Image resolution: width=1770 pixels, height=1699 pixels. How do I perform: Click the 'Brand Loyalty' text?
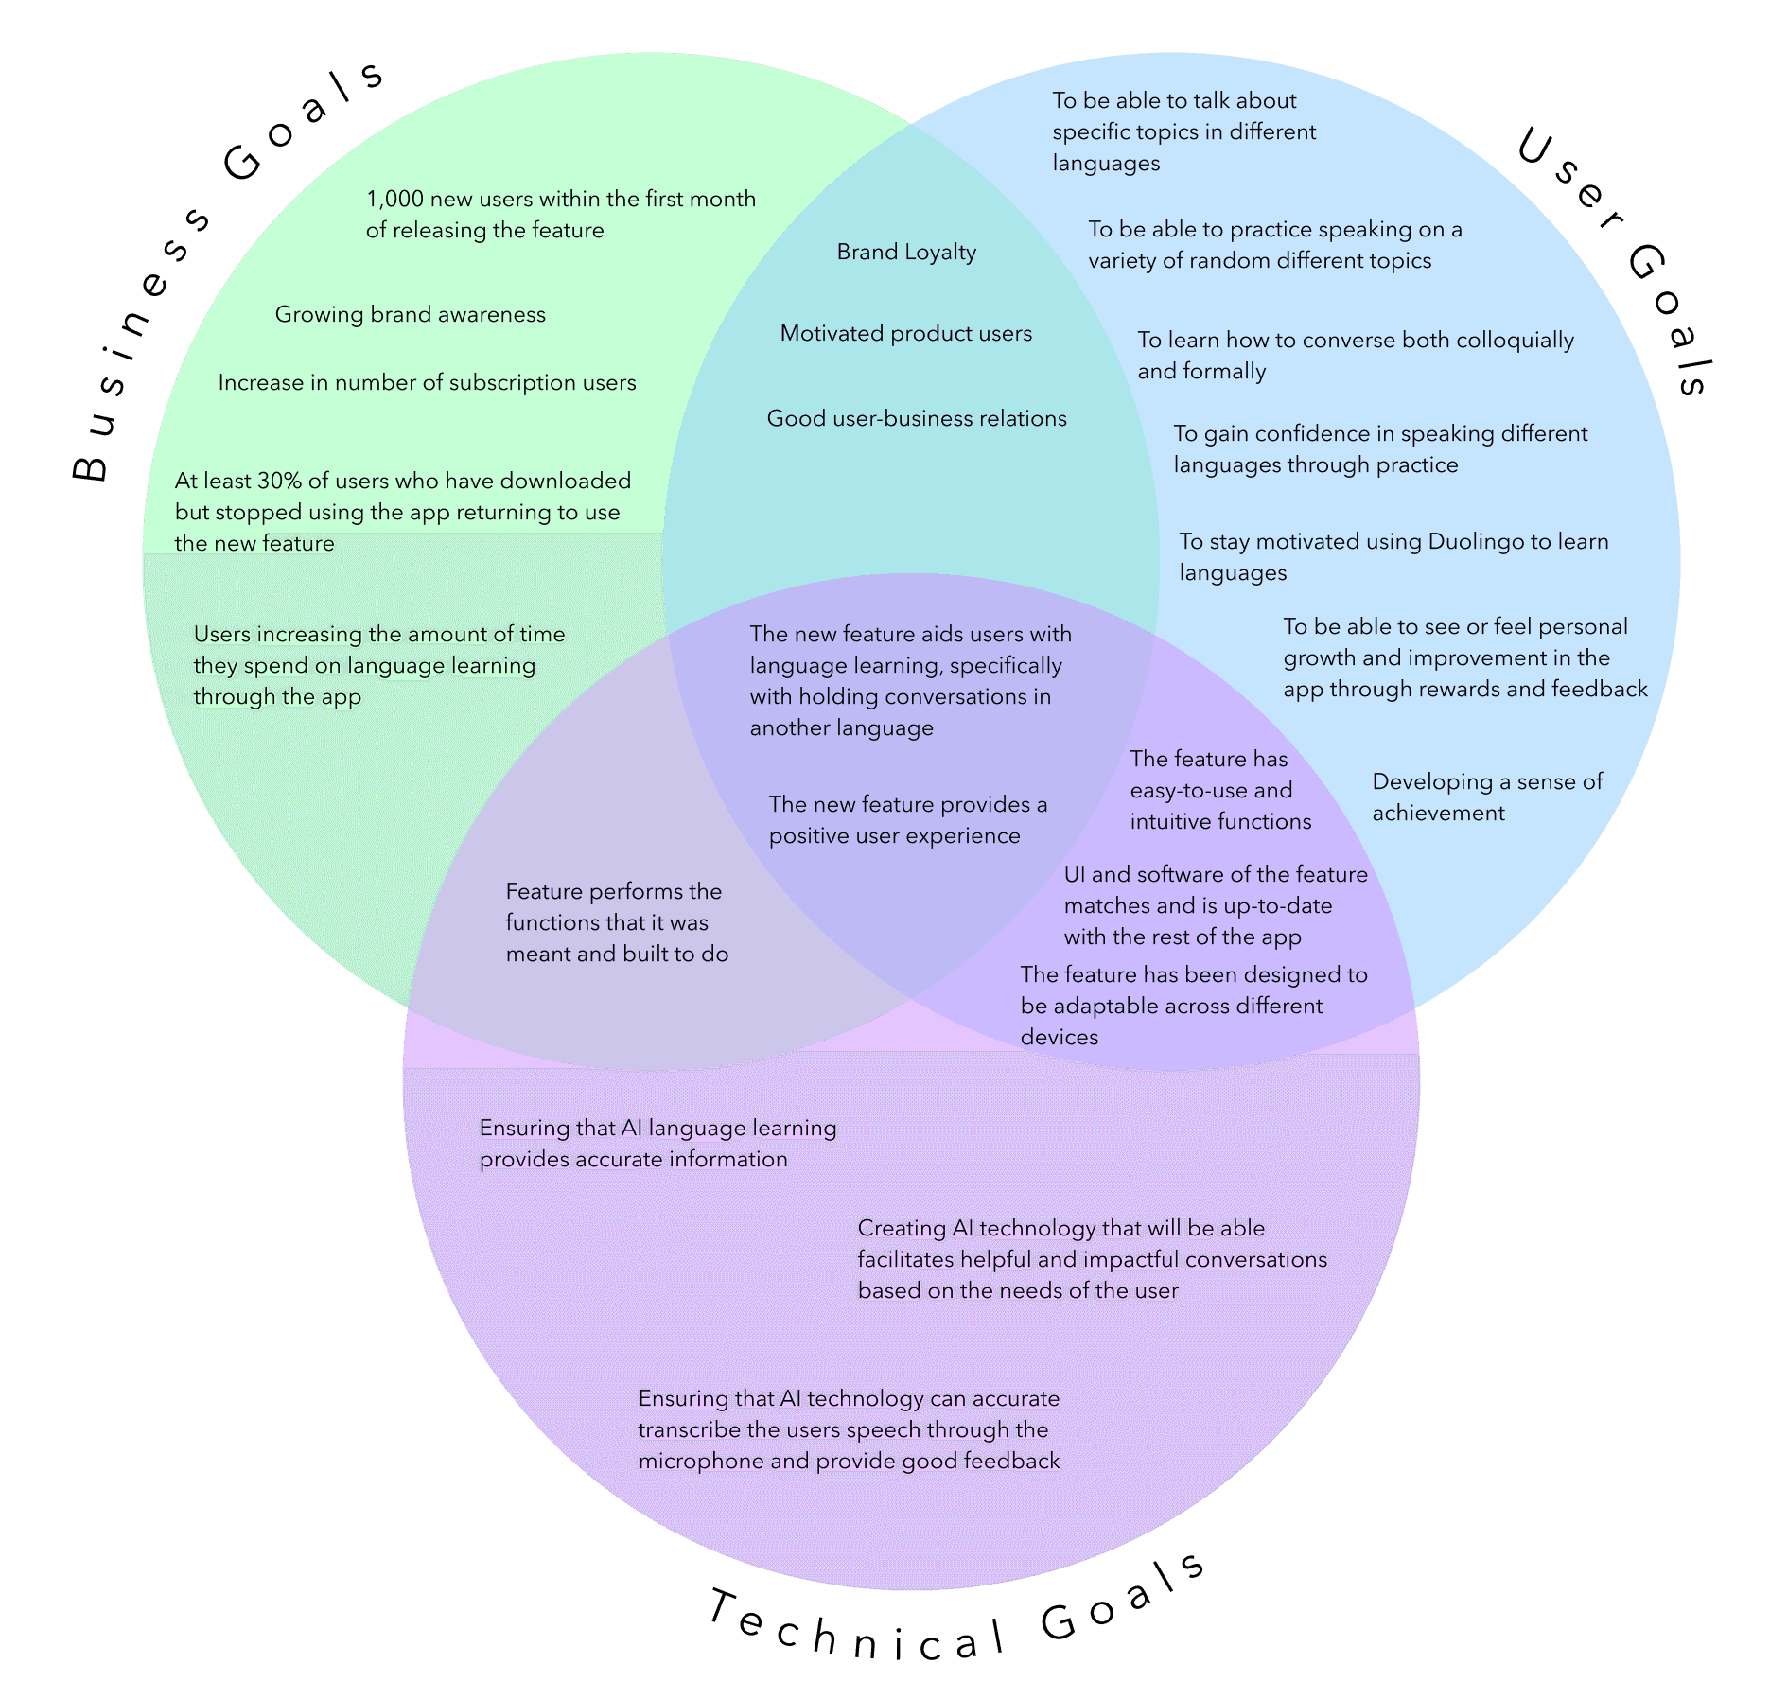pyautogui.click(x=906, y=252)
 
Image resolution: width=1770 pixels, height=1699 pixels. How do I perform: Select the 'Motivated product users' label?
pyautogui.click(x=905, y=333)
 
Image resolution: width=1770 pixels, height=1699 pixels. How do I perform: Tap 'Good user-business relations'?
pyautogui.click(x=916, y=418)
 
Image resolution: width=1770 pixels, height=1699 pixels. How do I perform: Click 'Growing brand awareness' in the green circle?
pyautogui.click(x=410, y=314)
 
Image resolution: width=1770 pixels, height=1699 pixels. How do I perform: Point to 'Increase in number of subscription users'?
pyautogui.click(x=427, y=382)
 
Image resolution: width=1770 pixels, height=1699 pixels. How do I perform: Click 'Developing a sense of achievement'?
pyautogui.click(x=1486, y=797)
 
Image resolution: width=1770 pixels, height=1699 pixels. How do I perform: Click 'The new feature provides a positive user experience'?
pyautogui.click(x=907, y=819)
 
